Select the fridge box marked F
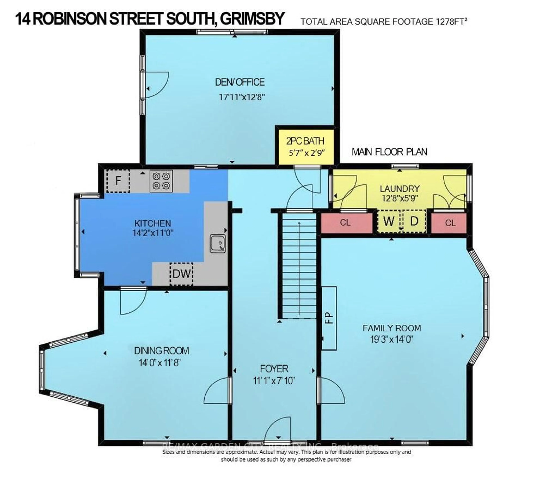(118, 181)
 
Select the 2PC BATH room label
(305, 141)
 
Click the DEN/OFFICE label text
(240, 82)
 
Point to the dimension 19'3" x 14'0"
(392, 339)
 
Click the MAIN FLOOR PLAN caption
(389, 152)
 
